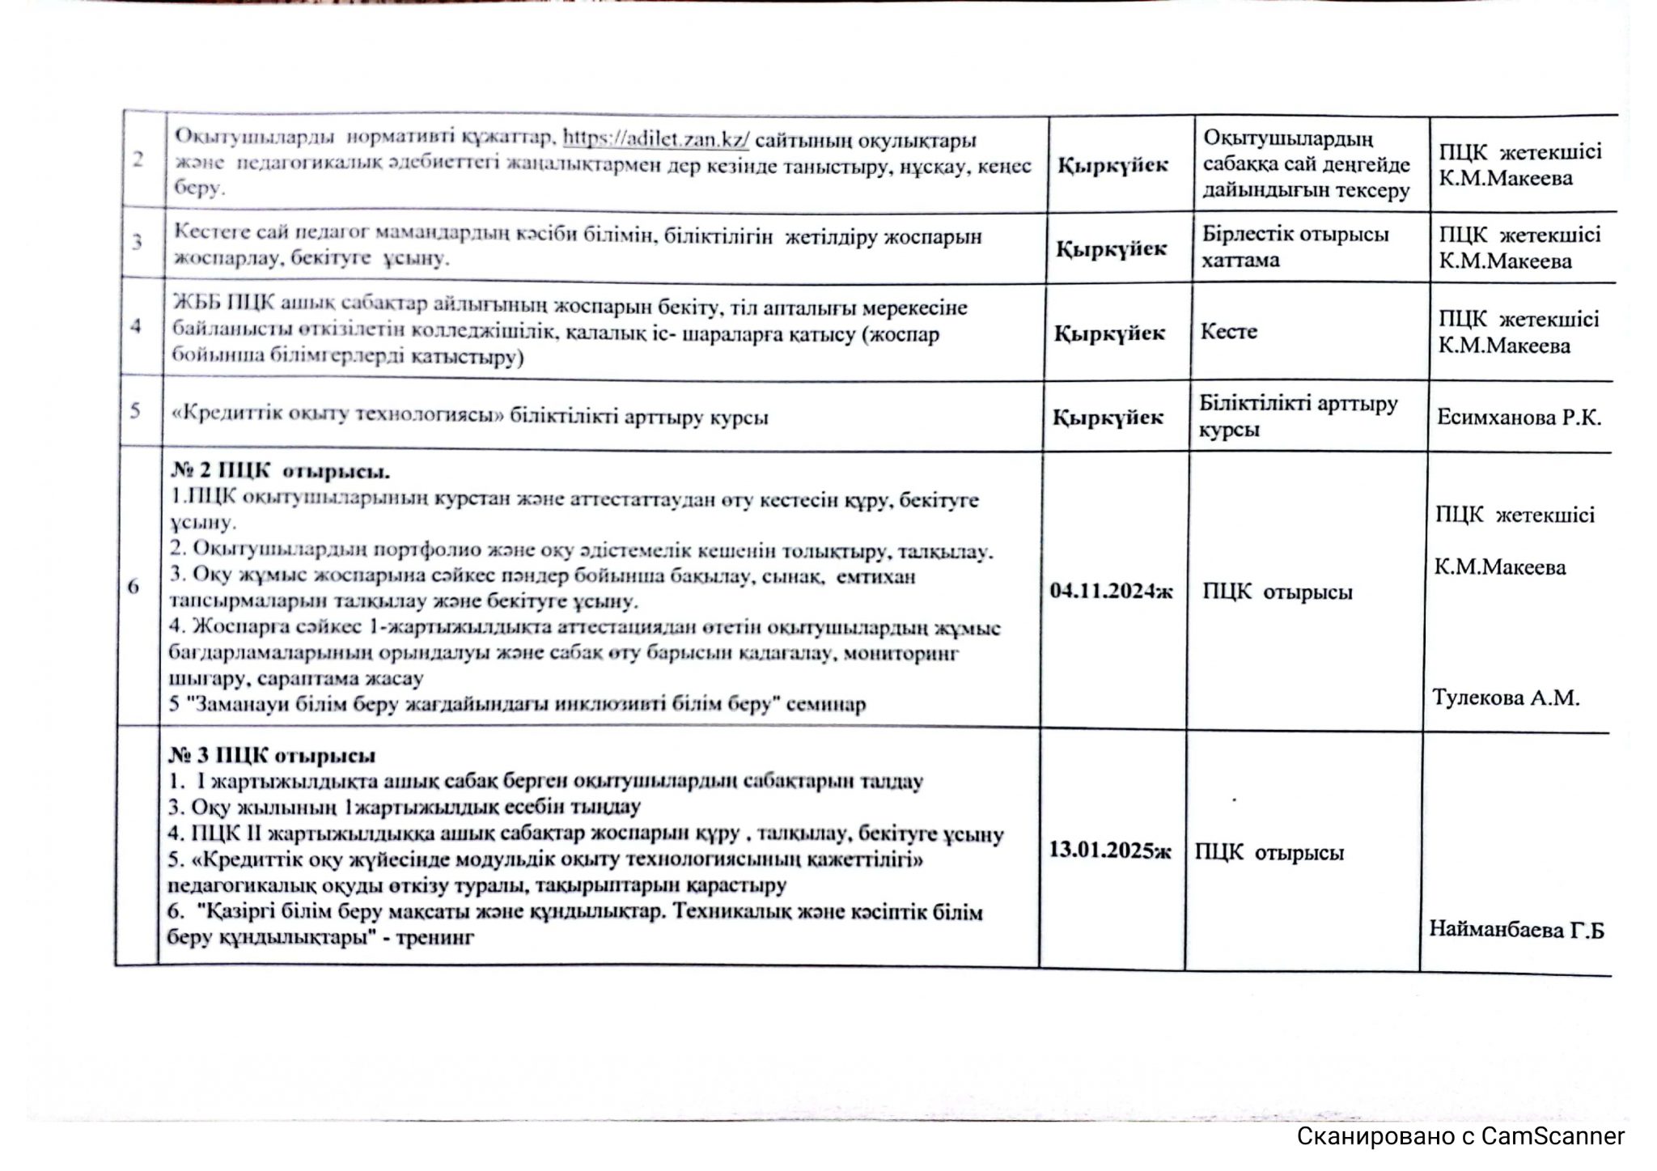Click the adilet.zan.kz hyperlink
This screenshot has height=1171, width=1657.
click(655, 139)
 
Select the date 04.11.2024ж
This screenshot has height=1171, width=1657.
click(1111, 591)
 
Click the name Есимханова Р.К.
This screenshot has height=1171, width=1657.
click(1519, 418)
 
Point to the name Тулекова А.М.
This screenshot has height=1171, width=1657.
click(1506, 698)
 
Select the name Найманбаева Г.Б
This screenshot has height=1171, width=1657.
click(1515, 929)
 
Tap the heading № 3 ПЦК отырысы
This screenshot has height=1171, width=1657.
click(272, 756)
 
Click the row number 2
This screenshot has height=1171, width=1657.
click(138, 159)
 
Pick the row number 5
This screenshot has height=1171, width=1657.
click(135, 410)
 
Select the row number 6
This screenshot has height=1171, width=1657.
click(133, 587)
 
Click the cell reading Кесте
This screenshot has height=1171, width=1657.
click(1228, 332)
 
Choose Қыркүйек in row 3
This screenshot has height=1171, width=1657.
click(1112, 248)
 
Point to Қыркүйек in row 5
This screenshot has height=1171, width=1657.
click(1108, 418)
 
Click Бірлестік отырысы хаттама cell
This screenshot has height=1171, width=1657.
click(1294, 247)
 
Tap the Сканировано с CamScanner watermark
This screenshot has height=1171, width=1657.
click(1460, 1136)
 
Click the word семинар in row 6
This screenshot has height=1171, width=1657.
click(828, 704)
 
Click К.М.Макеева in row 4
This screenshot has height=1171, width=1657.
click(1504, 346)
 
